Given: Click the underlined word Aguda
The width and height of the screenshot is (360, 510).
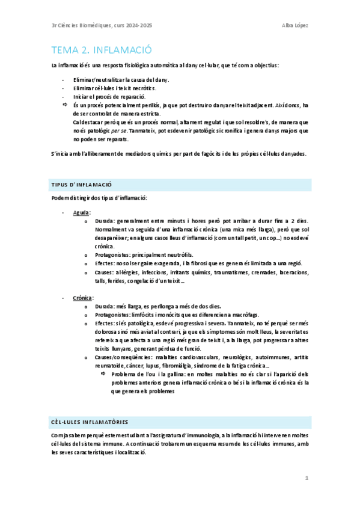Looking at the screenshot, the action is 82,212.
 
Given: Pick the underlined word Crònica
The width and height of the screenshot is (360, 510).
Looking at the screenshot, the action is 83,298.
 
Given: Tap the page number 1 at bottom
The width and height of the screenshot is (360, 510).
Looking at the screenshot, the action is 306,478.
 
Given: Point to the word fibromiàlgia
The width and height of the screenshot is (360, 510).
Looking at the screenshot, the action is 194,366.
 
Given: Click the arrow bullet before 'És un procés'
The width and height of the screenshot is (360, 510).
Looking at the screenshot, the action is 66,105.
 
